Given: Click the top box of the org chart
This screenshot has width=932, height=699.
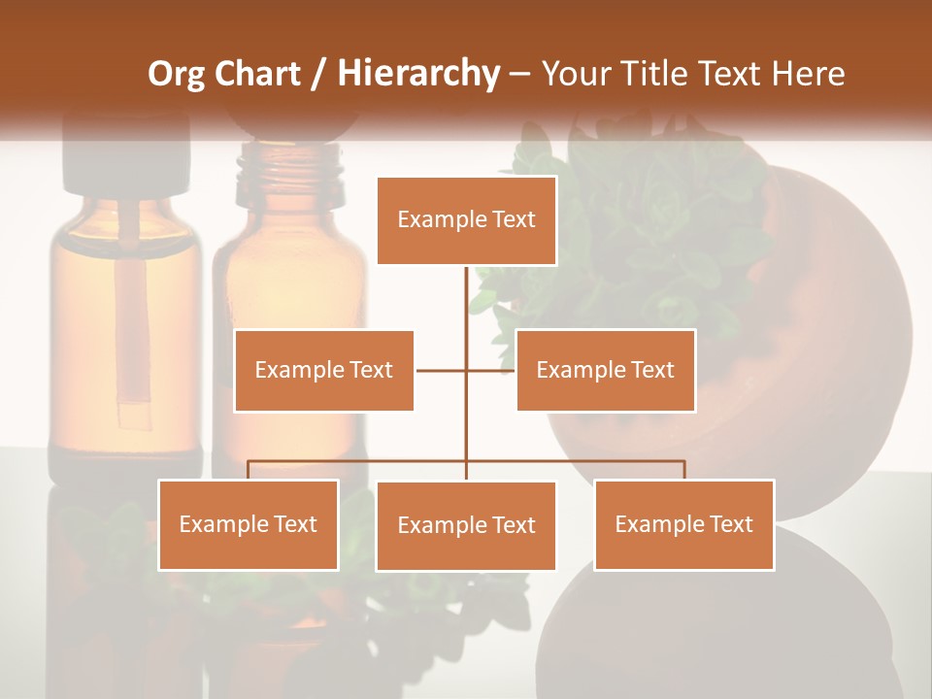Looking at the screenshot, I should [x=466, y=220].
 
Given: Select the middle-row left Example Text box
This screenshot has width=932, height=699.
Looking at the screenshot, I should [x=324, y=370].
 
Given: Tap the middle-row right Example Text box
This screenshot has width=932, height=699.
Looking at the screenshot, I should [x=605, y=370].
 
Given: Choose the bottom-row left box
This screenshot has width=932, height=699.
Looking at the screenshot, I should [x=249, y=524].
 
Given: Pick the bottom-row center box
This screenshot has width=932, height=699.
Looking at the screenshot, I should [x=466, y=525].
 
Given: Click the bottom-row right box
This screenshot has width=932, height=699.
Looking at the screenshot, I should [x=683, y=524].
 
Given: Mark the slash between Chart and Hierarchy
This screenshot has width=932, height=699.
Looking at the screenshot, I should [x=319, y=74].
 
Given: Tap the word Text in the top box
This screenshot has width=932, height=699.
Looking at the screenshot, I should [x=513, y=219].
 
